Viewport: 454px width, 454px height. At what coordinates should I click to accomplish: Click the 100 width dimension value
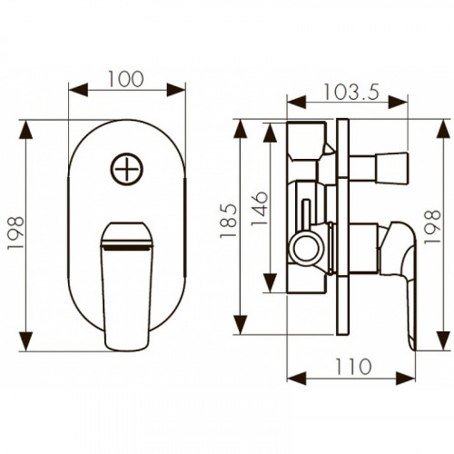tap(126, 79)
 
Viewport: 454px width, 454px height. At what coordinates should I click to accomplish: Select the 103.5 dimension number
tap(351, 92)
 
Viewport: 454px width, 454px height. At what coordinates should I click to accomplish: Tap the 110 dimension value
tap(353, 367)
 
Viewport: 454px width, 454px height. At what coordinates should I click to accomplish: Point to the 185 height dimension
tap(228, 221)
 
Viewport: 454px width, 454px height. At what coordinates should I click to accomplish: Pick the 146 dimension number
tap(260, 209)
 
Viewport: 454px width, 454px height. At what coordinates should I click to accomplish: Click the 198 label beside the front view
tap(15, 232)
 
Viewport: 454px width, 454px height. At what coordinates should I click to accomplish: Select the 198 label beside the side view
tap(432, 227)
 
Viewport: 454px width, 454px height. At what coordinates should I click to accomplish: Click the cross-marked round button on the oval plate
tap(126, 169)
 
